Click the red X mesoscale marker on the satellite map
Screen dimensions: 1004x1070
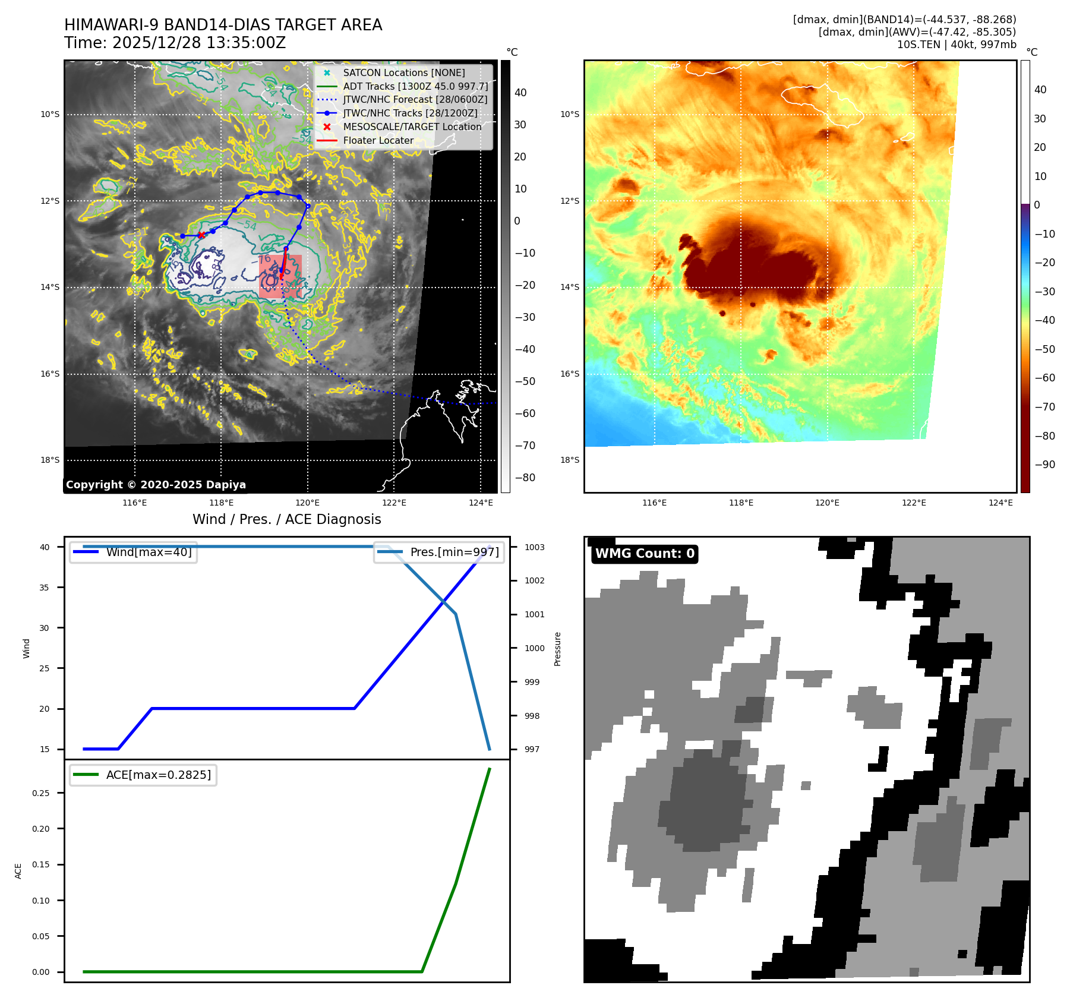click(201, 235)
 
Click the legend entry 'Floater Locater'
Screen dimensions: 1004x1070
click(378, 140)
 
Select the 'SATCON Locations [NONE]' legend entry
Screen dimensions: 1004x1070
click(403, 72)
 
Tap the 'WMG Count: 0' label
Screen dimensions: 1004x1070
click(645, 554)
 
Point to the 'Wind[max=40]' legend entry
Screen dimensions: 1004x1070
click(149, 552)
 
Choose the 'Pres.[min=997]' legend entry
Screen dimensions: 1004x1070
click(454, 552)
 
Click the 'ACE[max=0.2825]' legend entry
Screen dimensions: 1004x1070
click(158, 775)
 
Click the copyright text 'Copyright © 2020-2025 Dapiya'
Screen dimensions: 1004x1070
click(156, 485)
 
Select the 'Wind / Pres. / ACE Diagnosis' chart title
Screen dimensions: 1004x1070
click(287, 519)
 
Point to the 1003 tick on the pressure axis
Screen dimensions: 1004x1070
click(534, 547)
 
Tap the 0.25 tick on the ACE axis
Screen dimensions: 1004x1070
click(41, 793)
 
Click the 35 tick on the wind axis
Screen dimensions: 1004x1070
click(45, 588)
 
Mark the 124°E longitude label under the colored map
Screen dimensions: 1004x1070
click(1000, 503)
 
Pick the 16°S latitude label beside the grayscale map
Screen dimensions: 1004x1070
click(50, 374)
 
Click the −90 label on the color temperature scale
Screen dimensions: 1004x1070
click(1044, 465)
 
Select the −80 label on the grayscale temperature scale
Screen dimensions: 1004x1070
click(525, 478)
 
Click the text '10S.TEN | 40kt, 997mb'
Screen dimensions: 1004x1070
click(957, 45)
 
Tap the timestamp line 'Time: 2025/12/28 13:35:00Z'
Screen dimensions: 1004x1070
click(175, 43)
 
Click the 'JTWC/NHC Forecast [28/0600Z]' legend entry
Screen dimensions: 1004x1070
click(415, 99)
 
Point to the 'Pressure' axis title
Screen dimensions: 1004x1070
click(557, 649)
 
